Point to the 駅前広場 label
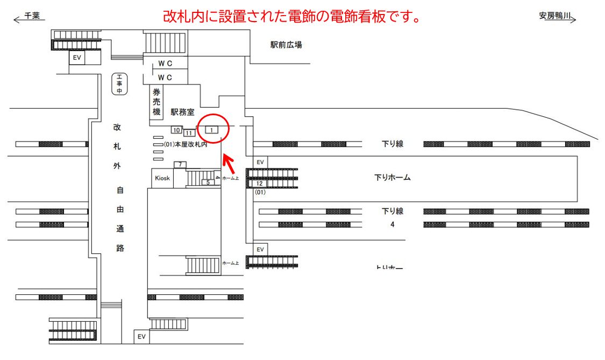(286, 45)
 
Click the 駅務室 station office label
(183, 112)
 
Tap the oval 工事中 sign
(119, 84)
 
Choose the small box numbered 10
(176, 130)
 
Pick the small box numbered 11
(189, 132)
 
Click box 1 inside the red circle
(212, 130)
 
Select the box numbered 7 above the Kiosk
(180, 164)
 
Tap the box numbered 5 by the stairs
(208, 182)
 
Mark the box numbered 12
(259, 183)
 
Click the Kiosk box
(162, 178)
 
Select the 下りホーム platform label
(392, 177)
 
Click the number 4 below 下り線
(393, 224)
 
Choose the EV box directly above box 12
(260, 162)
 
